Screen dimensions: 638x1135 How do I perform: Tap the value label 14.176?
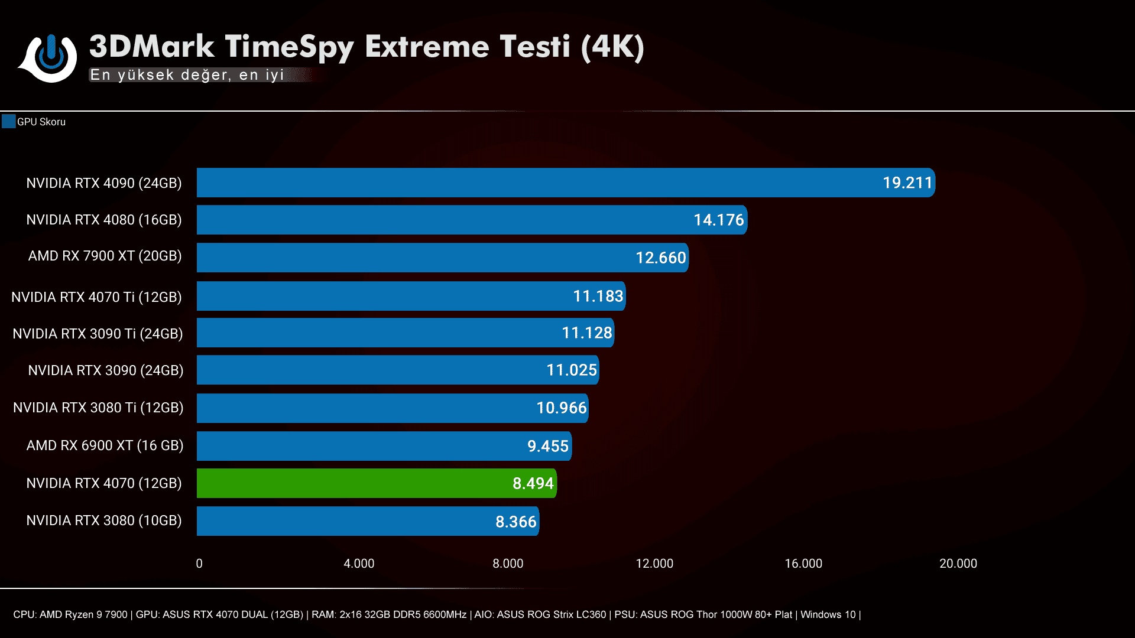tap(718, 220)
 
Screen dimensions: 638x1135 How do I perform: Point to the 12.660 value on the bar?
tap(660, 258)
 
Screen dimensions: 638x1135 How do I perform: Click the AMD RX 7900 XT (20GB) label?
tap(105, 256)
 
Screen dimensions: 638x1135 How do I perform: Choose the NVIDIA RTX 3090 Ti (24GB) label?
tap(98, 334)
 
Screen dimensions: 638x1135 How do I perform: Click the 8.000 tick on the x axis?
tap(508, 564)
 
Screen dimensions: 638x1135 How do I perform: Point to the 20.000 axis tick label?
tap(958, 564)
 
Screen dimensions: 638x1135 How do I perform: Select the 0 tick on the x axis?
tap(199, 564)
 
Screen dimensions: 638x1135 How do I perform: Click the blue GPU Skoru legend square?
tap(8, 122)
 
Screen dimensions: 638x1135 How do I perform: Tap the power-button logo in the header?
tap(51, 57)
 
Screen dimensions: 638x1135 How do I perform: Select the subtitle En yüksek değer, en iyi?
tap(187, 75)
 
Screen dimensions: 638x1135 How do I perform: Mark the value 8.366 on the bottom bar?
tap(515, 522)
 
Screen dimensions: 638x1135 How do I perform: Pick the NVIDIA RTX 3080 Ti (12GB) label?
tap(98, 408)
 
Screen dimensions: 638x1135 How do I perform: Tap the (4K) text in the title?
tap(612, 47)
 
